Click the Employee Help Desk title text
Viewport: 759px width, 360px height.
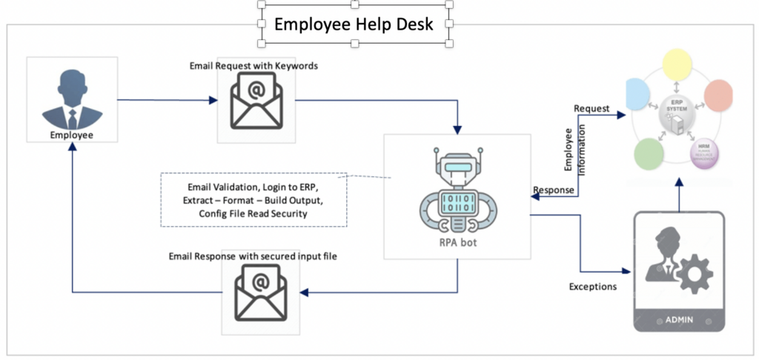[x=355, y=24]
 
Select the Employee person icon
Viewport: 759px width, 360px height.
[x=71, y=99]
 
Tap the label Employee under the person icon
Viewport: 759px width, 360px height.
[x=71, y=135]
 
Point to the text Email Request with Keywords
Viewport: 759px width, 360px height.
[x=253, y=66]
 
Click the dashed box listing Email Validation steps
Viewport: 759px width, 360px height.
[x=253, y=199]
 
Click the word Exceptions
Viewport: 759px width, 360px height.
[x=593, y=286]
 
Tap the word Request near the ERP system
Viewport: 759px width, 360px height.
[x=591, y=109]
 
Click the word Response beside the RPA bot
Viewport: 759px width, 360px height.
[x=554, y=190]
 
